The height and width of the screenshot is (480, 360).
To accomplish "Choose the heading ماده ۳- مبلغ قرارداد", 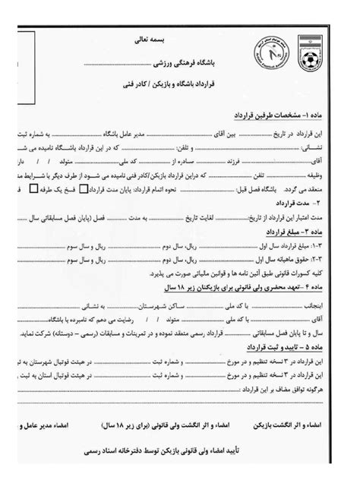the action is click(295, 231).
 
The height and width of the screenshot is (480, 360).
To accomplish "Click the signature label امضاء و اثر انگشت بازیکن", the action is click(315, 419).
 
